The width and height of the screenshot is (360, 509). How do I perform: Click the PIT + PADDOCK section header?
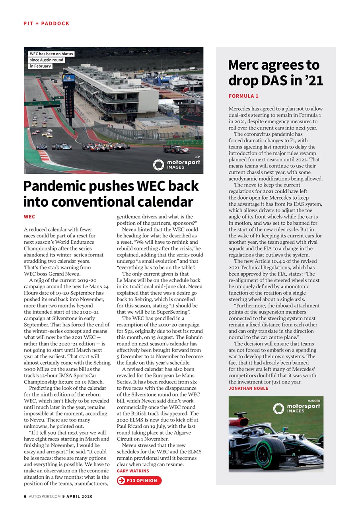coord(47,23)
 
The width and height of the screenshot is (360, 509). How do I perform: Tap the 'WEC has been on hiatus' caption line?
coord(51,54)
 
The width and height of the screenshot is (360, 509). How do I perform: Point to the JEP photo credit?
coord(197,157)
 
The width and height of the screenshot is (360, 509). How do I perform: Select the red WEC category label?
coord(29,217)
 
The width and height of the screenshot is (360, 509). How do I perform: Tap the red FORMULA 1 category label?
coord(243,96)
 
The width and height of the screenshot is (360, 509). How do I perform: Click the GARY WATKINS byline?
coord(133,471)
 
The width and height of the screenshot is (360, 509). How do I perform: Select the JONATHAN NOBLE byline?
coord(248,388)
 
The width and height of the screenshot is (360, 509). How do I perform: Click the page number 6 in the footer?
coord(25,496)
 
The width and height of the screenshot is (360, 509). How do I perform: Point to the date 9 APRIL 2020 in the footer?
coord(78,496)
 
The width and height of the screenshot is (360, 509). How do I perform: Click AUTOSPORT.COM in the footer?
coord(45,496)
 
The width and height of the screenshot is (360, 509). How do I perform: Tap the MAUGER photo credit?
coord(314,401)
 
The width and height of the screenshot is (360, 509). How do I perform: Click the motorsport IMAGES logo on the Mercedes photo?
coord(296,408)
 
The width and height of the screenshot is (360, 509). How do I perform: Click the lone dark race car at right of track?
coord(176,149)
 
